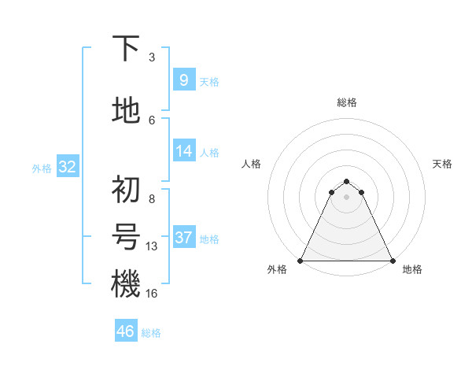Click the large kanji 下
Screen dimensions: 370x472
tap(126, 49)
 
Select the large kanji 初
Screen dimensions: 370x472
tap(126, 189)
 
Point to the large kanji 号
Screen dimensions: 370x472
tap(126, 236)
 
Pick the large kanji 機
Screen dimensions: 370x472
tap(126, 283)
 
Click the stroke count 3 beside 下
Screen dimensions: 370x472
tap(151, 57)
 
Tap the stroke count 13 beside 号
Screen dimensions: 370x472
tap(152, 246)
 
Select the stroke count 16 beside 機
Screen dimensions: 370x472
tap(152, 294)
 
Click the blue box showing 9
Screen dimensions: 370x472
tap(183, 80)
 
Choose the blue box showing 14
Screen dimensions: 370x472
tap(183, 151)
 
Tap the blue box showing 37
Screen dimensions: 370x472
tap(183, 238)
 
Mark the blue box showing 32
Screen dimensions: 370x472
tap(67, 167)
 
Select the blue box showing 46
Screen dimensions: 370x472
tap(126, 331)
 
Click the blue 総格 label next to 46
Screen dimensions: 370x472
tap(152, 333)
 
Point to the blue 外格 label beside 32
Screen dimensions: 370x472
tap(42, 168)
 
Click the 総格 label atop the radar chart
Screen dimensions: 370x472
tap(347, 102)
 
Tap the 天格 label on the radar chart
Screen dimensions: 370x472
tap(443, 164)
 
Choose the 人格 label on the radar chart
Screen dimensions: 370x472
tap(251, 164)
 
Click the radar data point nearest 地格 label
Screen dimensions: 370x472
tap(393, 260)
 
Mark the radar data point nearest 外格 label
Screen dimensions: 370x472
tap(301, 260)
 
